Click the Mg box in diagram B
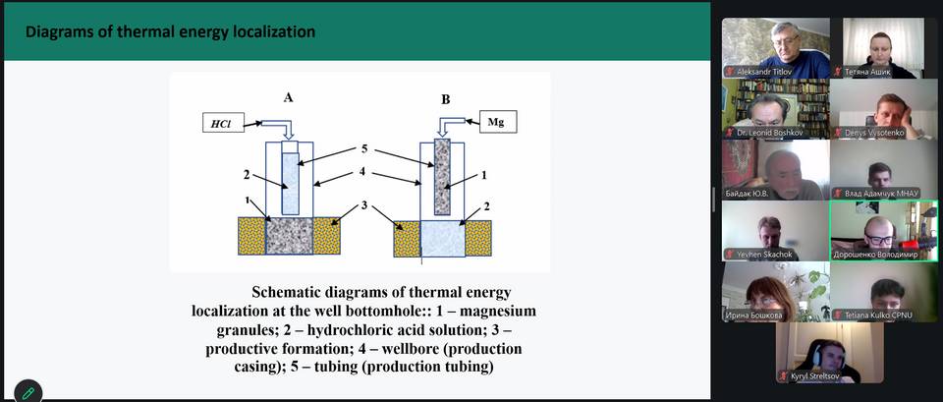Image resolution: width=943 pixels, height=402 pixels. tap(498, 122)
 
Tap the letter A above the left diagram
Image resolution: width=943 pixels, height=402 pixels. tap(288, 97)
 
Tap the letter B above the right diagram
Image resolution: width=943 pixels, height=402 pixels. tap(446, 100)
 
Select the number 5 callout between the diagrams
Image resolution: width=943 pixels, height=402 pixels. tap(364, 148)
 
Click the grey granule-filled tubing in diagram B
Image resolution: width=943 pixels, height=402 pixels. tap(442, 176)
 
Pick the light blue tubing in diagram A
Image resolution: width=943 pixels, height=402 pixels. tap(290, 184)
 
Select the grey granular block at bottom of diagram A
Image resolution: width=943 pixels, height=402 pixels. tap(289, 236)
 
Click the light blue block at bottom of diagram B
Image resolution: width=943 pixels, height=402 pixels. tap(443, 239)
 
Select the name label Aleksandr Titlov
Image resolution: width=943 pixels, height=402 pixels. tap(764, 72)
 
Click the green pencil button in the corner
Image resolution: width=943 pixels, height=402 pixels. tap(28, 393)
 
